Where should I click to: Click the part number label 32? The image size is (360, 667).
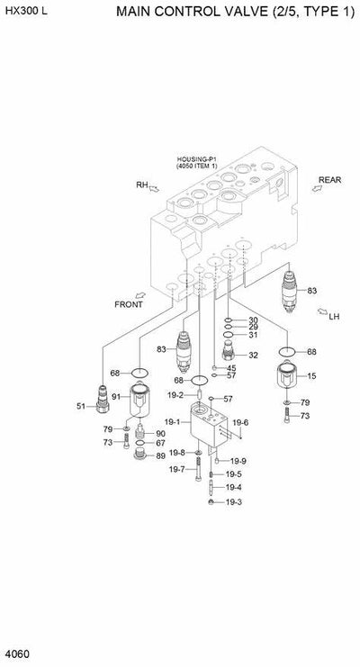[x=253, y=355]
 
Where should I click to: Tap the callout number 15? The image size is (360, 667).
[x=312, y=375]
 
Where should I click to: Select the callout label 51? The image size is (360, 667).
[x=81, y=407]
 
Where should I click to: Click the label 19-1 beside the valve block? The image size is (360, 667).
[x=172, y=421]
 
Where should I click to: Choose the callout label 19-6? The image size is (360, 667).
[x=240, y=422]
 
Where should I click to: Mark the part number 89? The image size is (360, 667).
[x=159, y=455]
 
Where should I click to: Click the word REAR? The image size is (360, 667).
[x=329, y=180]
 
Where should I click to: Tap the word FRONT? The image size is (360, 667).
[x=129, y=303]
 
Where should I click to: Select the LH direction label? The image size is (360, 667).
[x=333, y=316]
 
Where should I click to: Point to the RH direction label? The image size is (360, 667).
[x=141, y=185]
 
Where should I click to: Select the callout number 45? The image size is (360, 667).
[x=231, y=367]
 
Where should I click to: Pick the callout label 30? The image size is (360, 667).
[x=253, y=320]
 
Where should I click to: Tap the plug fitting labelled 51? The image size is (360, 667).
[x=102, y=397]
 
